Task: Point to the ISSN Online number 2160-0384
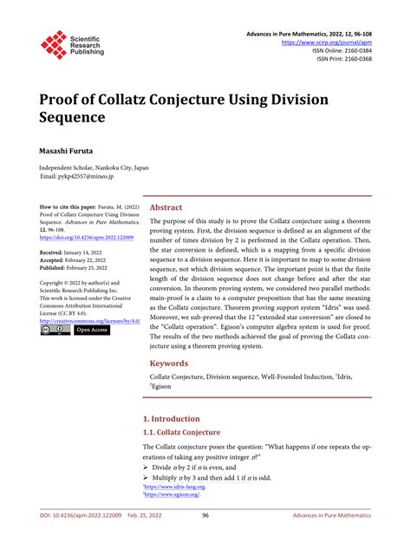coord(354,50)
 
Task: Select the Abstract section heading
coord(166,208)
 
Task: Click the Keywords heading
coord(170,389)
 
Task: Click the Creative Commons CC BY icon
coord(54,331)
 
